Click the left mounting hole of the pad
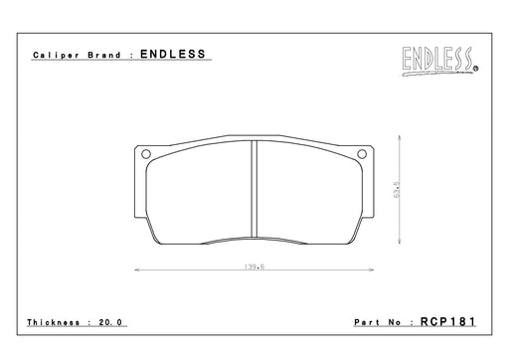pyautogui.click(x=146, y=154)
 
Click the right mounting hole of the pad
pyautogui.click(x=362, y=154)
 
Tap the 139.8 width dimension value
pyautogui.click(x=254, y=267)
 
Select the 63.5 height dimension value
pyautogui.click(x=397, y=190)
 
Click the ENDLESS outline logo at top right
pyautogui.click(x=438, y=61)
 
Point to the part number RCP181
pyautogui.click(x=448, y=321)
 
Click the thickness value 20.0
pyautogui.click(x=110, y=322)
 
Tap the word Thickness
pyautogui.click(x=54, y=322)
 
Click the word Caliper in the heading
pyautogui.click(x=56, y=55)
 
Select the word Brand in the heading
pyautogui.click(x=104, y=55)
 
